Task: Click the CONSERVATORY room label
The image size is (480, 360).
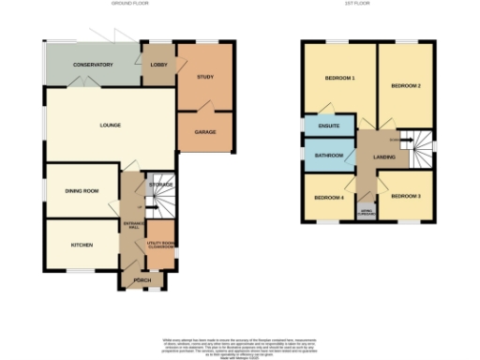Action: (92, 65)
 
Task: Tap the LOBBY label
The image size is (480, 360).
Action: (157, 65)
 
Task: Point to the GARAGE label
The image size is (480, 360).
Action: (205, 132)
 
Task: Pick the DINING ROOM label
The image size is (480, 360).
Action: (82, 191)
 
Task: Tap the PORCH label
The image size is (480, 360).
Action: (142, 278)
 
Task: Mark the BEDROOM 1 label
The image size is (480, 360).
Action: (338, 78)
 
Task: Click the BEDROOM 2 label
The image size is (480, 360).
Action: (406, 85)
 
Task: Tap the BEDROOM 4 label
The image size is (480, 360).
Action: (328, 198)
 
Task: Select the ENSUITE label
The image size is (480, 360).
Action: (328, 126)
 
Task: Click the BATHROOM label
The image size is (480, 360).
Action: (329, 156)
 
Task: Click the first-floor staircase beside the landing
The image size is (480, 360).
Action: (418, 145)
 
